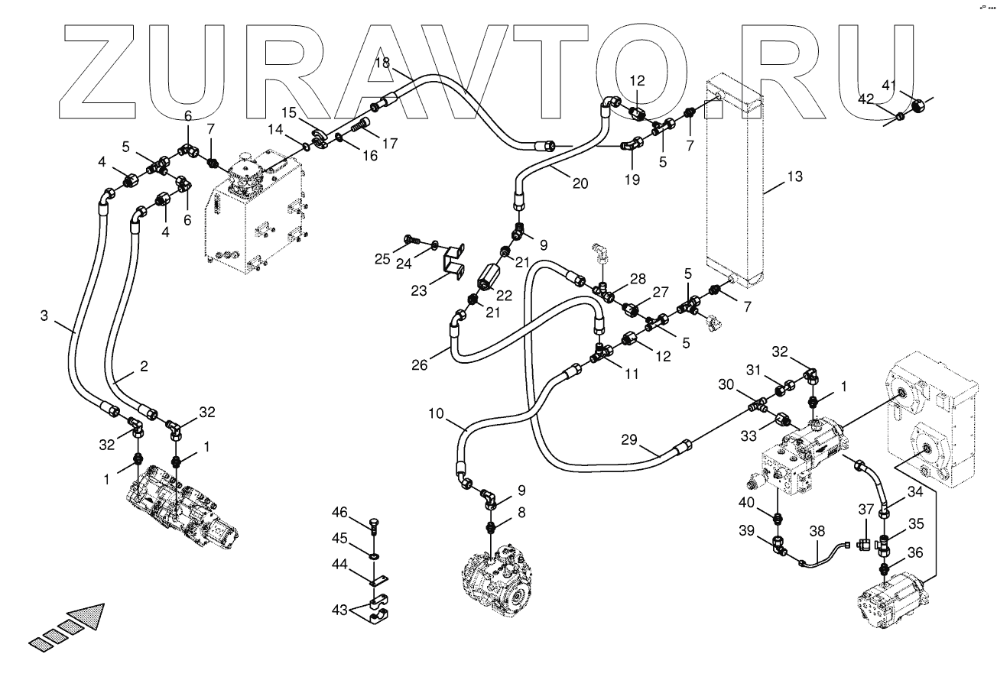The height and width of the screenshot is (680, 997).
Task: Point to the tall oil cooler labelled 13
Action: (x=734, y=183)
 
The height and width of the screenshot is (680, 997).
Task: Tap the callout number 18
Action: (x=382, y=63)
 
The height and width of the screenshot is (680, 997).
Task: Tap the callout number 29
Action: (x=629, y=440)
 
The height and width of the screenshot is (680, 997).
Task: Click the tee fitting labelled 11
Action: (x=602, y=354)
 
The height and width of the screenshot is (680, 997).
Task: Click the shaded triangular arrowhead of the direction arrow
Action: (x=85, y=617)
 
